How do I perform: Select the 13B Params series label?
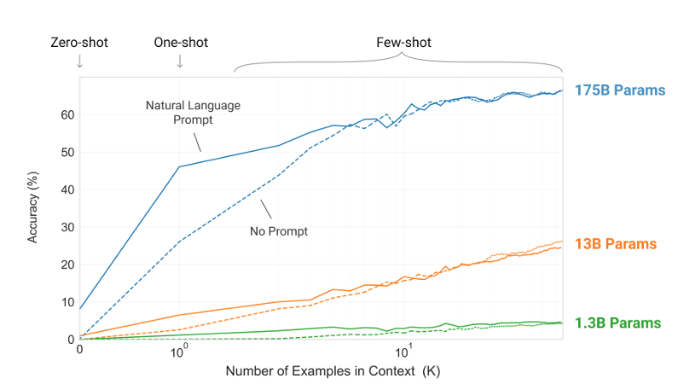point(616,244)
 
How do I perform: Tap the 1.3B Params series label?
point(618,323)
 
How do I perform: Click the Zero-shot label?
point(79,42)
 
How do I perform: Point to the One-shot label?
point(180,42)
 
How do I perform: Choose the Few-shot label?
point(401,42)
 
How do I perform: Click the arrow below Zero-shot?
point(79,61)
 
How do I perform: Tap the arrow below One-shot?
point(180,61)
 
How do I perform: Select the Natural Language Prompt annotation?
point(192,113)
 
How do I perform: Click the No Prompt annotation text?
point(278,230)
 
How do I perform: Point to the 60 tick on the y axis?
point(67,115)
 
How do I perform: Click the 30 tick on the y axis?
point(67,227)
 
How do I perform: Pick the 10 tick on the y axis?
point(67,302)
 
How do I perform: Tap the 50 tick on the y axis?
point(67,153)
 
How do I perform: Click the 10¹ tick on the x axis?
point(405,351)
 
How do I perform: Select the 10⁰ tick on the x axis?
point(180,351)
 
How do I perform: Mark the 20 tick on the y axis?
point(67,265)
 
